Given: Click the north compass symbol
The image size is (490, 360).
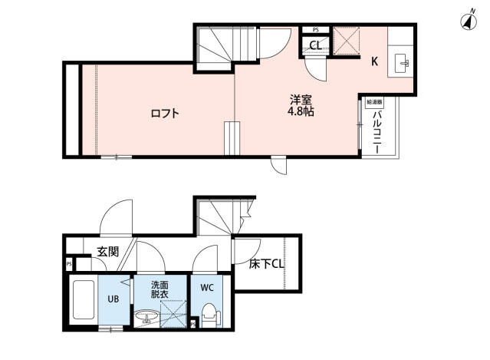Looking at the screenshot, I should coord(467,21).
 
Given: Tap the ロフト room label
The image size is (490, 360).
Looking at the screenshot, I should coord(164,114).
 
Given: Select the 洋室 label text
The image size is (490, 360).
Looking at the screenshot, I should coord(301,99).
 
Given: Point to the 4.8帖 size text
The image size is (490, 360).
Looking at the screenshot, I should coord(301,112).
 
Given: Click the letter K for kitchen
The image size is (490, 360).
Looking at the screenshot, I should coord(375,62).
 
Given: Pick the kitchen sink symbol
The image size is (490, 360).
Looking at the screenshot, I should coord(401,62).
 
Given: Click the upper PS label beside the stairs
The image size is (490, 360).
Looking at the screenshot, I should coord(314,30).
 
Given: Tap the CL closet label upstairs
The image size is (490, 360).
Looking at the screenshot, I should coord(314,44).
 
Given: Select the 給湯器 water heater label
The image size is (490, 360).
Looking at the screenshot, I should coord(373,101).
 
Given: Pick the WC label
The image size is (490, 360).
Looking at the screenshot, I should coord(206,288).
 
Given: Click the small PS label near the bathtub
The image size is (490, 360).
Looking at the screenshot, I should coord(69,264).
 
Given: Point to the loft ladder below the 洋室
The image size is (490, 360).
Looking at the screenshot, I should coord(232,138).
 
